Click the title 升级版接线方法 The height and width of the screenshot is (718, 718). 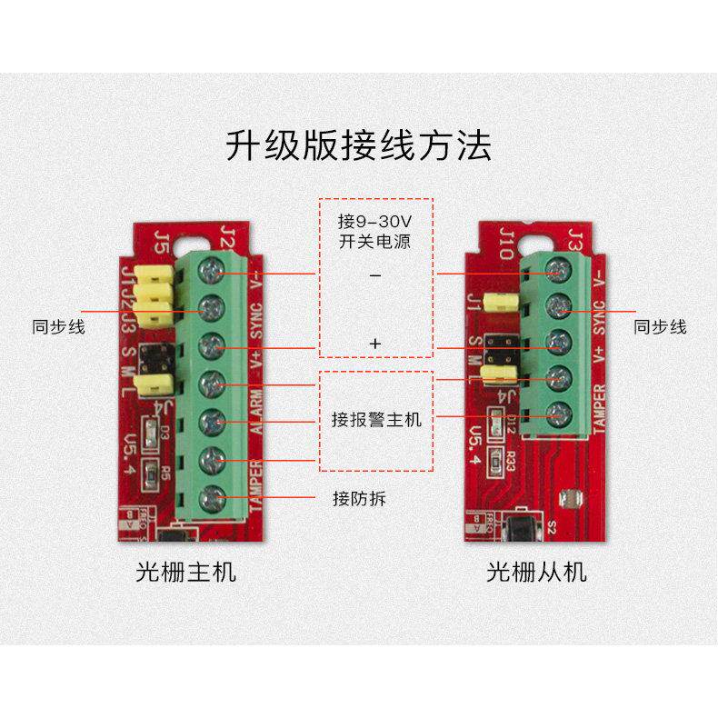(x=358, y=146)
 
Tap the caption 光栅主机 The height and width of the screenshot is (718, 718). (x=185, y=572)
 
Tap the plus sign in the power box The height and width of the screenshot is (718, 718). (x=374, y=344)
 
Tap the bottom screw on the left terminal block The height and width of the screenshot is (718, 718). (x=212, y=497)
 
